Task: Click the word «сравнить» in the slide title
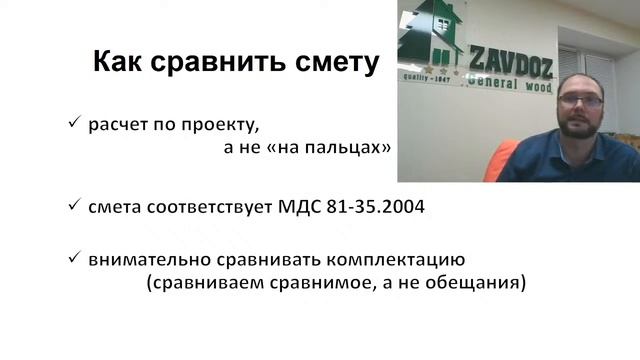point(231,63)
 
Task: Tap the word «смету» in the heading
point(335,63)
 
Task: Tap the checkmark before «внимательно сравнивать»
point(73,259)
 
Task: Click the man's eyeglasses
point(580,102)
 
